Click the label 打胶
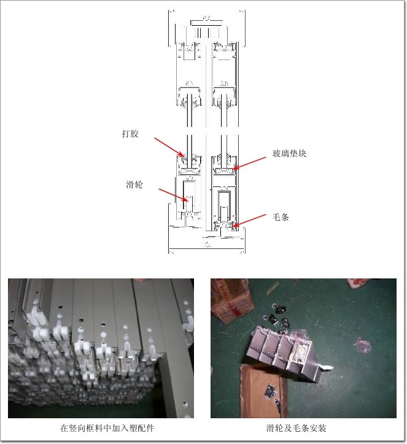pyautogui.click(x=130, y=133)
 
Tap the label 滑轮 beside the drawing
pyautogui.click(x=134, y=185)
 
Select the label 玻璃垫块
pyautogui.click(x=289, y=153)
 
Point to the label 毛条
pyautogui.click(x=281, y=217)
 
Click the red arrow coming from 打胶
pyautogui.click(x=169, y=147)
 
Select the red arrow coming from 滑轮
pyautogui.click(x=174, y=195)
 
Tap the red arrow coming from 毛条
pyautogui.click(x=249, y=221)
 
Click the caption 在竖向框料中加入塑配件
pyautogui.click(x=107, y=428)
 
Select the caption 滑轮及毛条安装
pyautogui.click(x=296, y=428)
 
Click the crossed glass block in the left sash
pyautogui.click(x=189, y=171)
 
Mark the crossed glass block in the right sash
pyautogui.click(x=224, y=170)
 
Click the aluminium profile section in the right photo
pyautogui.click(x=284, y=353)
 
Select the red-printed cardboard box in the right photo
pyautogui.click(x=232, y=300)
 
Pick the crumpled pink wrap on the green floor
pyautogui.click(x=363, y=345)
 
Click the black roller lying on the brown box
pyautogui.click(x=270, y=391)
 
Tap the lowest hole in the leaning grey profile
pyautogui.click(x=185, y=404)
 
